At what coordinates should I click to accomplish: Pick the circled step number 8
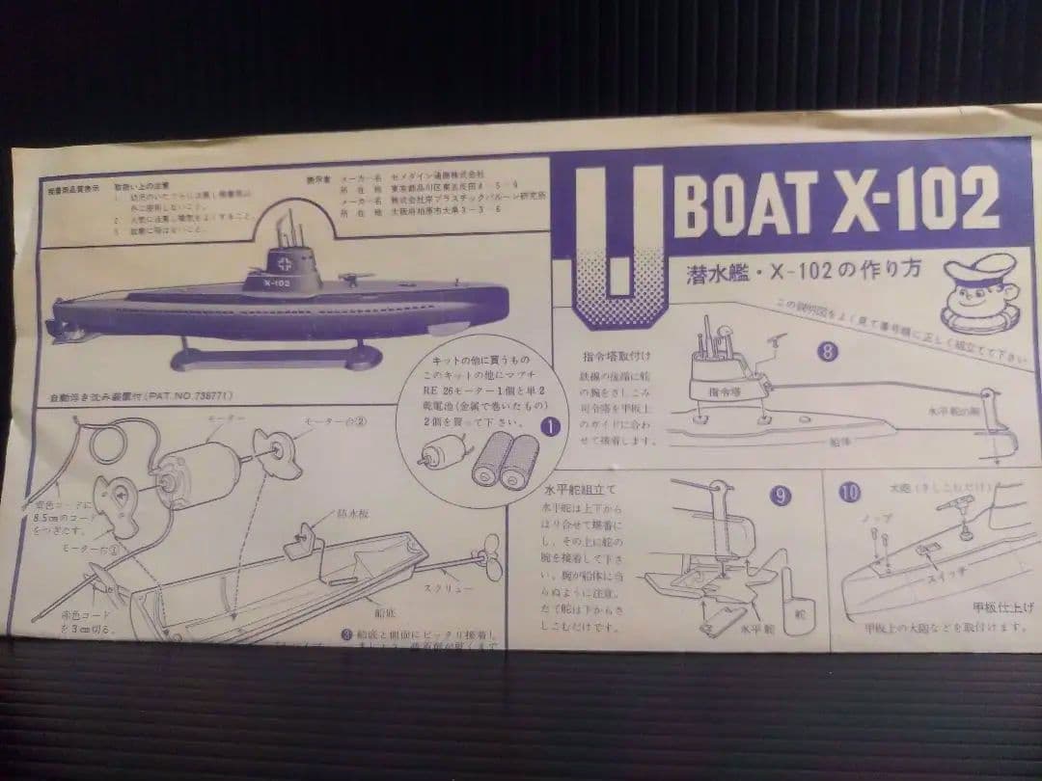point(827,351)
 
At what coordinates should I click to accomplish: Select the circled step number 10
point(848,493)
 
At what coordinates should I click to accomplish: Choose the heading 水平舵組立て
point(580,489)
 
